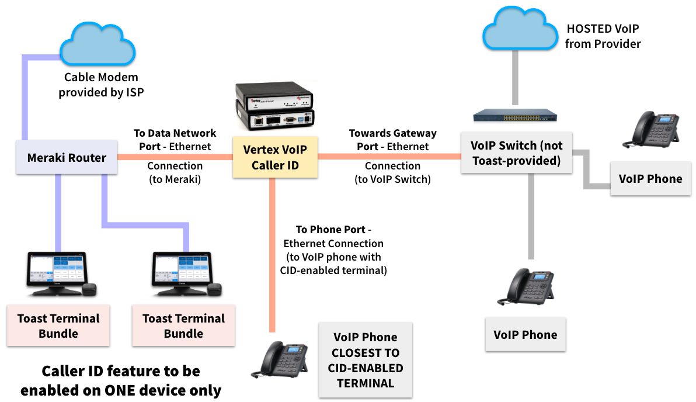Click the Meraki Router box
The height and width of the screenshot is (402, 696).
(67, 158)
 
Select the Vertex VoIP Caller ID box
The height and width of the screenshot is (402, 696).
(275, 158)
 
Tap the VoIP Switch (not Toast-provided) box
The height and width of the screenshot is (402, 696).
(516, 153)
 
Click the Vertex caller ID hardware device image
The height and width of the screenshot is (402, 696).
(274, 106)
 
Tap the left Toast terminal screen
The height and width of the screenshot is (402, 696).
(57, 271)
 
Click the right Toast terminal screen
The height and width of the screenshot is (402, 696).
(182, 271)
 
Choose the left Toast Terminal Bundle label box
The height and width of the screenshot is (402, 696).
(58, 326)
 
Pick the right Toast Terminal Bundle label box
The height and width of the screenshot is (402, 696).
(183, 326)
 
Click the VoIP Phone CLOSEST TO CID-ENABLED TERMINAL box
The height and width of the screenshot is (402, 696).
(365, 360)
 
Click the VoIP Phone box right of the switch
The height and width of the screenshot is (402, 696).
(650, 179)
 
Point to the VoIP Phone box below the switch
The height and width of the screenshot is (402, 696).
(526, 335)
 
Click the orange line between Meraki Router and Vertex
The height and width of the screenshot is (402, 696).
(175, 157)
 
